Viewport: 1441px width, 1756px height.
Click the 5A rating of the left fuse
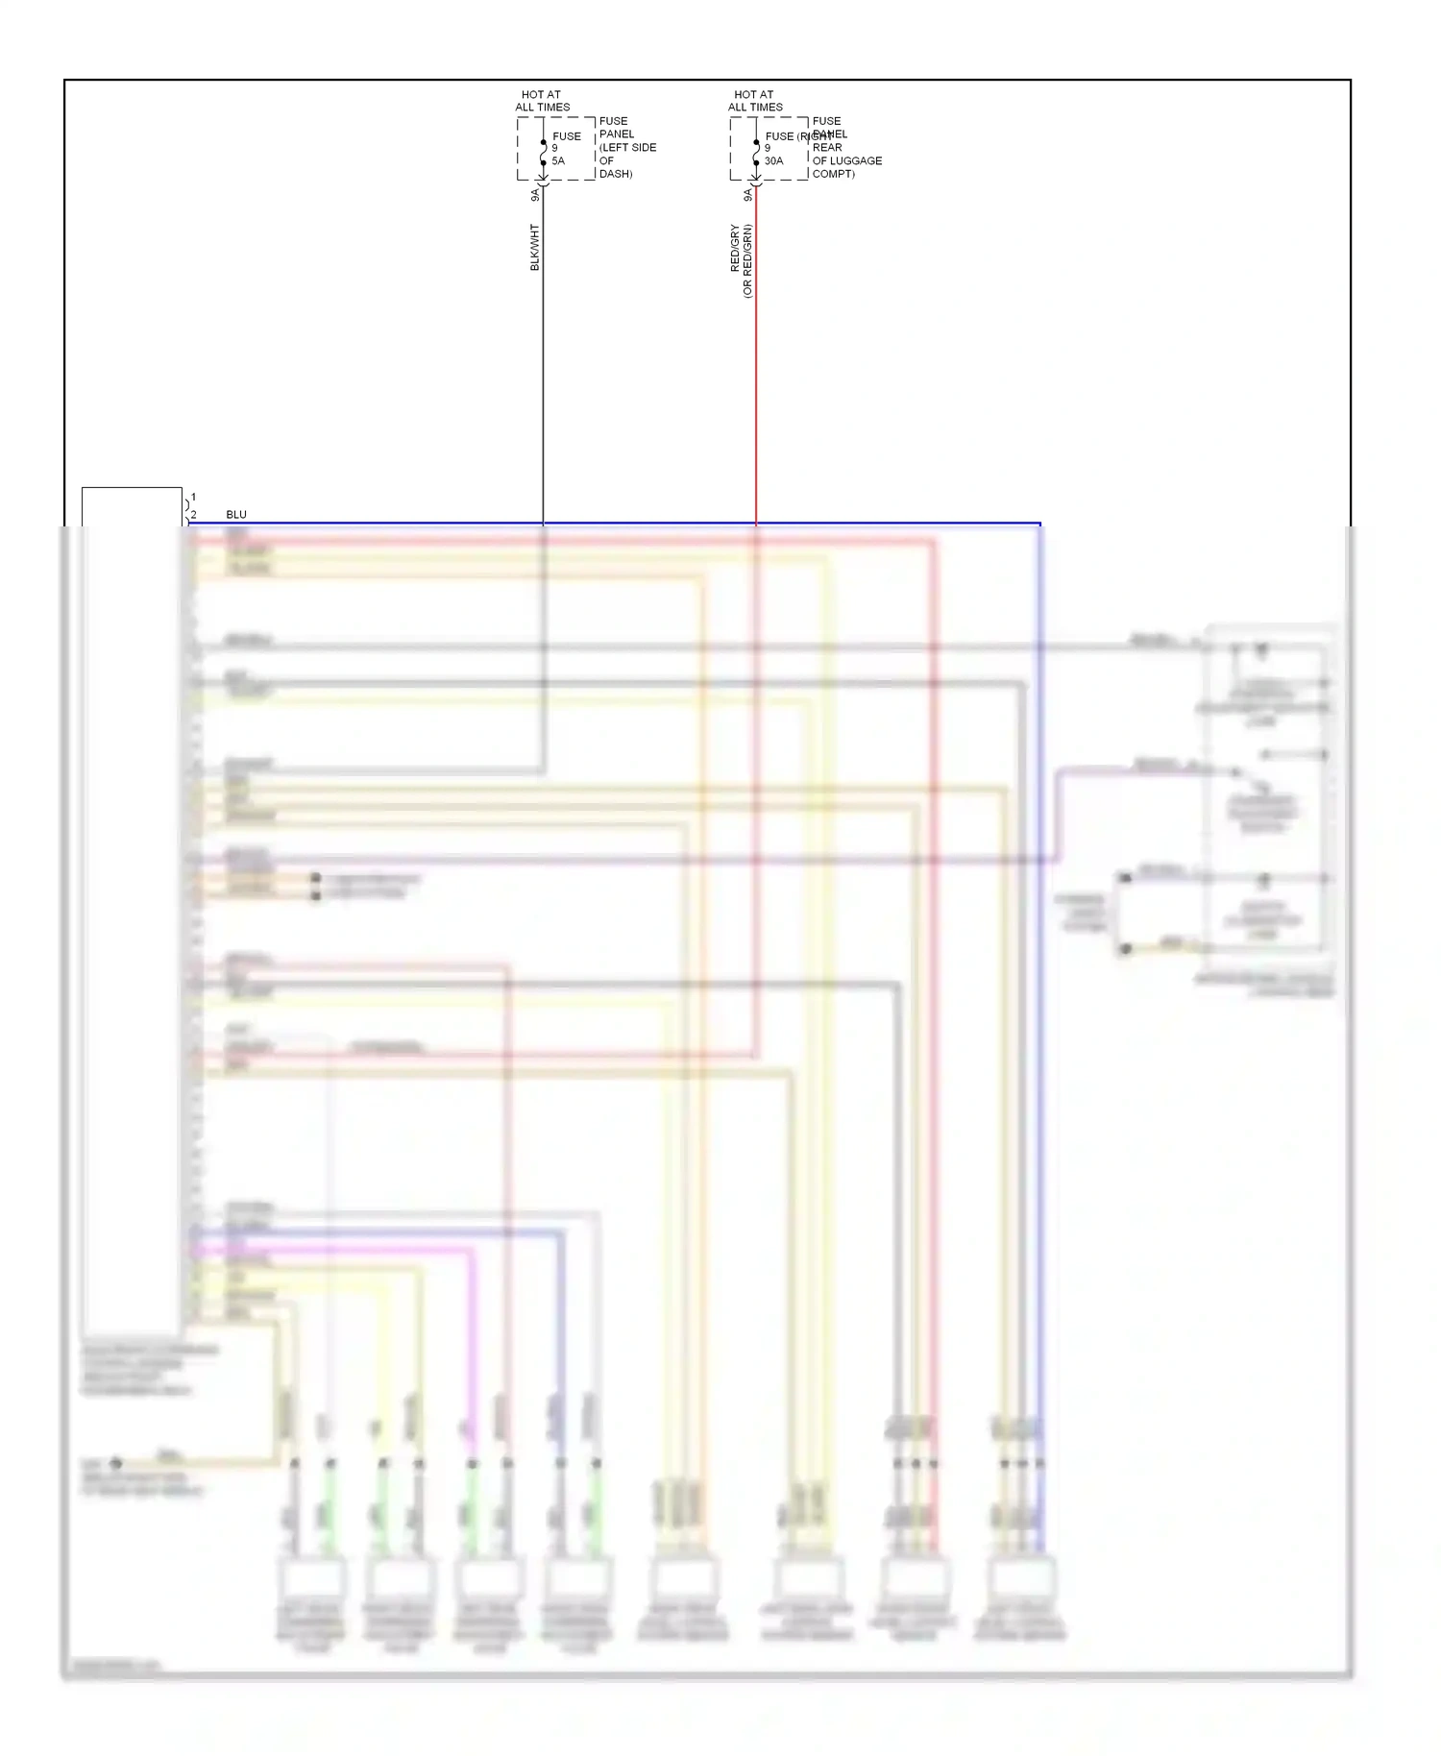558,161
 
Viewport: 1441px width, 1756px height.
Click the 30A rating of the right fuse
773,161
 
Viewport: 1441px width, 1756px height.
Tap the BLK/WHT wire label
535,247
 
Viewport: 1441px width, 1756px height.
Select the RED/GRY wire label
736,248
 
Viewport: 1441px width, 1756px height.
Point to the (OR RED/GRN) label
747,261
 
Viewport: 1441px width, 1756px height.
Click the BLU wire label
236,515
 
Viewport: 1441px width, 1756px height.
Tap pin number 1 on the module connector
193,498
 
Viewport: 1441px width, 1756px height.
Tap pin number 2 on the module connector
193,515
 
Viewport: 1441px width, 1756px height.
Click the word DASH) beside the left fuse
616,174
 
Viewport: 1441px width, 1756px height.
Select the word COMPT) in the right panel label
833,174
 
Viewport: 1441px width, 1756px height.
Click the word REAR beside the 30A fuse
826,148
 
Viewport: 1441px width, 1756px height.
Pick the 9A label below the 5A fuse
535,195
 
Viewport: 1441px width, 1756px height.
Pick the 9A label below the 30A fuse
747,195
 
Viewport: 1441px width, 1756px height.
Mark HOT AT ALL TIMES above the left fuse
542,101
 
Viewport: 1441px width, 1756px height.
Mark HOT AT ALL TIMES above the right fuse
755,101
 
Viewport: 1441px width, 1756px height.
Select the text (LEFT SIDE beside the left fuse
628,148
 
